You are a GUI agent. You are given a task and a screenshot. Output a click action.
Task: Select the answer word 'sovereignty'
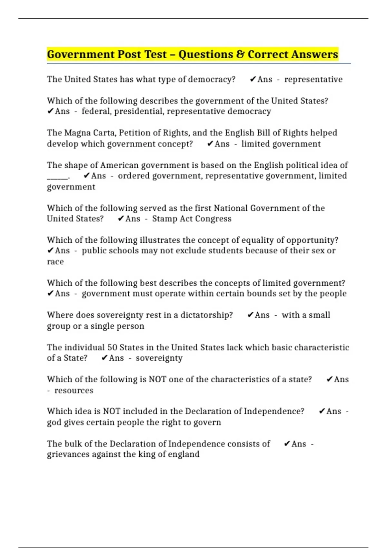tap(159, 358)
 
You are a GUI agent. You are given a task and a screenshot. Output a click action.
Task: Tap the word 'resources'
tap(74, 390)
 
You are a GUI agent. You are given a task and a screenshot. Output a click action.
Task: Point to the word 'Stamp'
tap(164, 219)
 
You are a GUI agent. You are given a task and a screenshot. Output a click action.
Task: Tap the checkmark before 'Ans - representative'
tap(253, 79)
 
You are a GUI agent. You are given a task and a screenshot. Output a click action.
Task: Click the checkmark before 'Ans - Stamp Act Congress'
tap(121, 219)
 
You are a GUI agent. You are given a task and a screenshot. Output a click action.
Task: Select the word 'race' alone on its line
tap(55, 262)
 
